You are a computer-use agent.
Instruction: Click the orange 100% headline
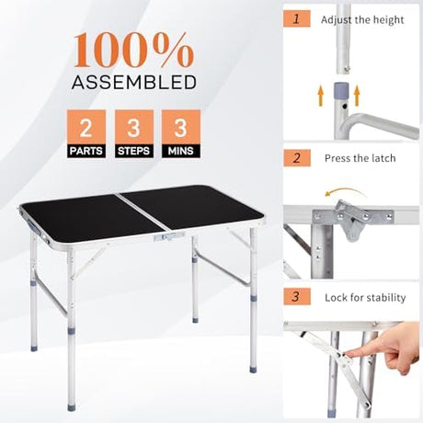tap(133, 51)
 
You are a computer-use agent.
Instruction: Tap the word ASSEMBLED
tap(134, 82)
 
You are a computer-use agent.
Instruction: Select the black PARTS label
tap(86, 151)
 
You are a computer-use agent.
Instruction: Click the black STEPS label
tap(134, 151)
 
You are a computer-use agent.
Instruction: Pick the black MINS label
tap(181, 151)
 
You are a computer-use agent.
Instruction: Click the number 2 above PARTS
tap(86, 128)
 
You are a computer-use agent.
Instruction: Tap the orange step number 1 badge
tap(296, 19)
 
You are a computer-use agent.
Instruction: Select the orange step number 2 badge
tap(297, 158)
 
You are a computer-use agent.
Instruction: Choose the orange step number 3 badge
tap(297, 296)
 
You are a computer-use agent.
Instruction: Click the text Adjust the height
tap(362, 20)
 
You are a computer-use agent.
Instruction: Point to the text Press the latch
tap(360, 158)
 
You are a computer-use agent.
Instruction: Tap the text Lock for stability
tap(365, 297)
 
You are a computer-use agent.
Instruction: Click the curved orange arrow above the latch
tap(345, 191)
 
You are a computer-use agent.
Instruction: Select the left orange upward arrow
tap(321, 96)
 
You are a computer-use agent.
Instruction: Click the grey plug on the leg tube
tap(341, 88)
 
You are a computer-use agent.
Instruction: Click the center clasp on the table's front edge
tap(169, 236)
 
